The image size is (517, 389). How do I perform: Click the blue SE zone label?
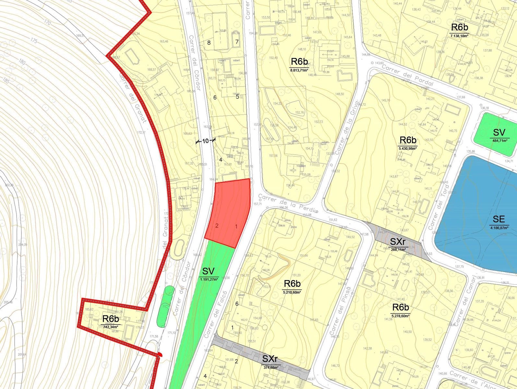(499, 219)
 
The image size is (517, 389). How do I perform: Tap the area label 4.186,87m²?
(499, 228)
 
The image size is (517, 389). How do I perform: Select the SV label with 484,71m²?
(499, 133)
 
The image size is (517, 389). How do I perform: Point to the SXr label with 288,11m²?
(398, 242)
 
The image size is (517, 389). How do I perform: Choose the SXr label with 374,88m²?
(270, 359)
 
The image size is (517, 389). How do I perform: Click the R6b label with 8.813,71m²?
(299, 62)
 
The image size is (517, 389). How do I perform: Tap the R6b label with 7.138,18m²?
(459, 27)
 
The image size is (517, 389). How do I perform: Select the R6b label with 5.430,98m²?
(408, 140)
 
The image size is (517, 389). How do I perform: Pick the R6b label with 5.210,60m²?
(292, 284)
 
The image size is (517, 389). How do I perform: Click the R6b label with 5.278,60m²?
(400, 307)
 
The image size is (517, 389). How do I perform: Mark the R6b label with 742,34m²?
(111, 319)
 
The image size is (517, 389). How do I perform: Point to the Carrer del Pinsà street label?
(340, 311)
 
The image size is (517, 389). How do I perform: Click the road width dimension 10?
(205, 141)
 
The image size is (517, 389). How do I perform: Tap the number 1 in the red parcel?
(236, 227)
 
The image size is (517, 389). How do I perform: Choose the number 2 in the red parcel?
(217, 226)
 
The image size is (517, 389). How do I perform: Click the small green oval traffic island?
(165, 306)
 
